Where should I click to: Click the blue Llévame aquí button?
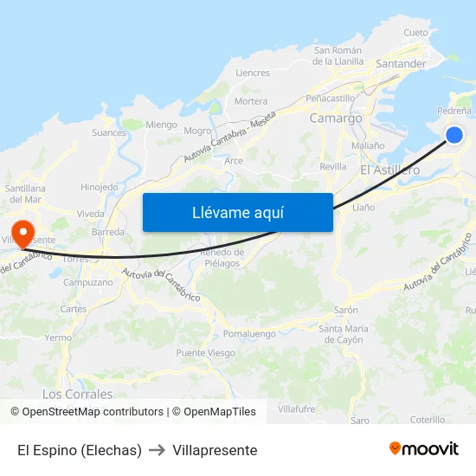pyautogui.click(x=237, y=212)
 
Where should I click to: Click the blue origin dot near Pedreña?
pyautogui.click(x=454, y=134)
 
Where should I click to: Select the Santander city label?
pyautogui.click(x=401, y=64)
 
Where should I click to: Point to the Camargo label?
pyautogui.click(x=336, y=118)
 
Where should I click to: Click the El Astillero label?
pyautogui.click(x=389, y=170)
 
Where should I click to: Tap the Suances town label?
pyautogui.click(x=108, y=132)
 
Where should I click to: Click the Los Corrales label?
pyautogui.click(x=77, y=394)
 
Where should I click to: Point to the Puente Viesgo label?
pyautogui.click(x=205, y=352)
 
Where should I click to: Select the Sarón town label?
pyautogui.click(x=346, y=310)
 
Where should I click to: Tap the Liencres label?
pyautogui.click(x=253, y=74)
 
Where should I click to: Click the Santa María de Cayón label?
pyautogui.click(x=344, y=334)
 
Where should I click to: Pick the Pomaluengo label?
pyautogui.click(x=249, y=333)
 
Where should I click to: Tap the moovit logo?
pyautogui.click(x=424, y=449)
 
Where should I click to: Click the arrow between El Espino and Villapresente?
pyautogui.click(x=157, y=450)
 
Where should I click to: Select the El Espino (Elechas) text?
pyautogui.click(x=80, y=450)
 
